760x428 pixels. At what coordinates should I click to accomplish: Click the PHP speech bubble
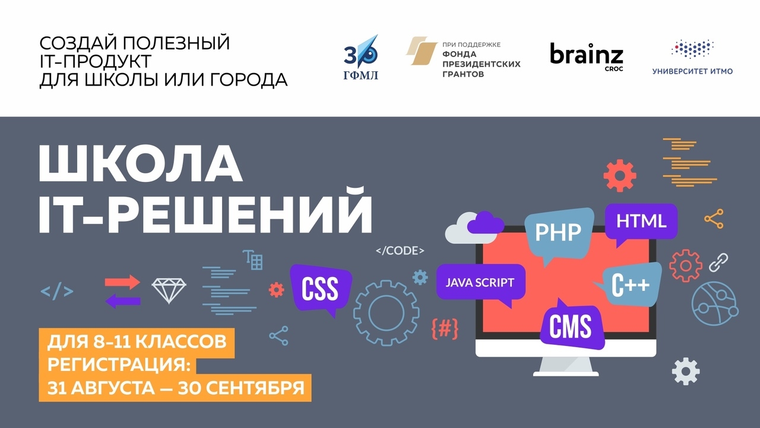point(559,234)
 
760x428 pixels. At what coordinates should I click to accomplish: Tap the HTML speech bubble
point(641,222)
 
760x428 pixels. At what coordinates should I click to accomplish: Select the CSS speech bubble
point(321,289)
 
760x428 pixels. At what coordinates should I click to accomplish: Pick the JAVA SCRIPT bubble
point(480,282)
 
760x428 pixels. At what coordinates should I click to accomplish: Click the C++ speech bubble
point(631,284)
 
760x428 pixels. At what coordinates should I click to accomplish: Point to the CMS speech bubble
point(571,325)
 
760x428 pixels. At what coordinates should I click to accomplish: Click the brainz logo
point(587,56)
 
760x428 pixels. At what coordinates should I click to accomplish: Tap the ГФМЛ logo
point(360,57)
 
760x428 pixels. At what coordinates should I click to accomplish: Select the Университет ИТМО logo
point(692,57)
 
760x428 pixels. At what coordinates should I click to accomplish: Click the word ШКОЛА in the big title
point(141,164)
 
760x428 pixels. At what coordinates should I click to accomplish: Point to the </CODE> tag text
point(400,251)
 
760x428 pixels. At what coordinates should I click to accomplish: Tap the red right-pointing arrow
point(122,282)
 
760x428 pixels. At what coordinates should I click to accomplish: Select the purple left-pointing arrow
point(123,301)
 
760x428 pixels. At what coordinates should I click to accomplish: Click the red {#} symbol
point(445,329)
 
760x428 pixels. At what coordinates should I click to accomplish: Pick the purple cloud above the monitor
point(486,223)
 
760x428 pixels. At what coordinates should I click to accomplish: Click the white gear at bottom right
point(686,372)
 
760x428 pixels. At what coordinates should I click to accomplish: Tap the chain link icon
point(718,263)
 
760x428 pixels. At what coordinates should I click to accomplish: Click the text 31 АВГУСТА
point(101,388)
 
